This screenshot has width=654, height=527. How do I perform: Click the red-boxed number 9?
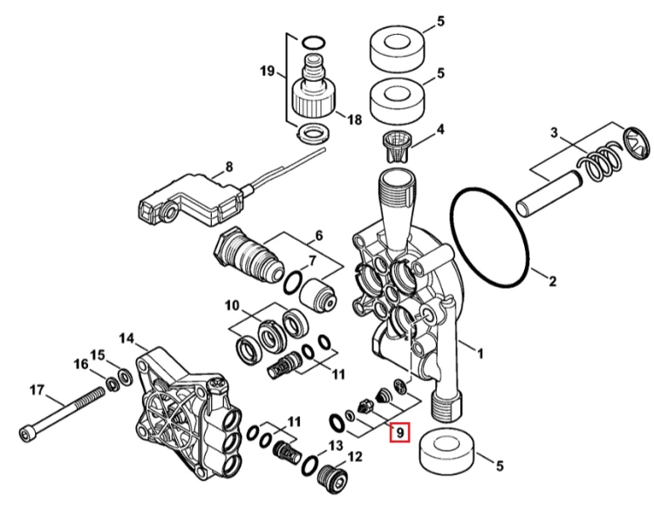pyautogui.click(x=400, y=433)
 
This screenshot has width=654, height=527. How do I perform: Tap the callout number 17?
pyautogui.click(x=37, y=391)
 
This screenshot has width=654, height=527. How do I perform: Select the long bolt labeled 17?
pyautogui.click(x=62, y=413)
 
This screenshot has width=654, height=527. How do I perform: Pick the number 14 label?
pyautogui.click(x=126, y=338)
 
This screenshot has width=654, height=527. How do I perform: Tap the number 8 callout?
pyautogui.click(x=229, y=168)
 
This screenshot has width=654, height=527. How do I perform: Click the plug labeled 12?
pyautogui.click(x=332, y=479)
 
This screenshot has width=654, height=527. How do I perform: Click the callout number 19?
pyautogui.click(x=268, y=71)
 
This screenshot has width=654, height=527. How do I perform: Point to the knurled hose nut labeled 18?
pyautogui.click(x=315, y=98)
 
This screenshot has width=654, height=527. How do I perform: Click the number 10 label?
pyautogui.click(x=232, y=306)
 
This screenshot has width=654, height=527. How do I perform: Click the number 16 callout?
pyautogui.click(x=81, y=364)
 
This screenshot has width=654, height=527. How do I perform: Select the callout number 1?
pyautogui.click(x=480, y=354)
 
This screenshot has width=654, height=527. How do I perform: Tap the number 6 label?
pyautogui.click(x=318, y=236)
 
